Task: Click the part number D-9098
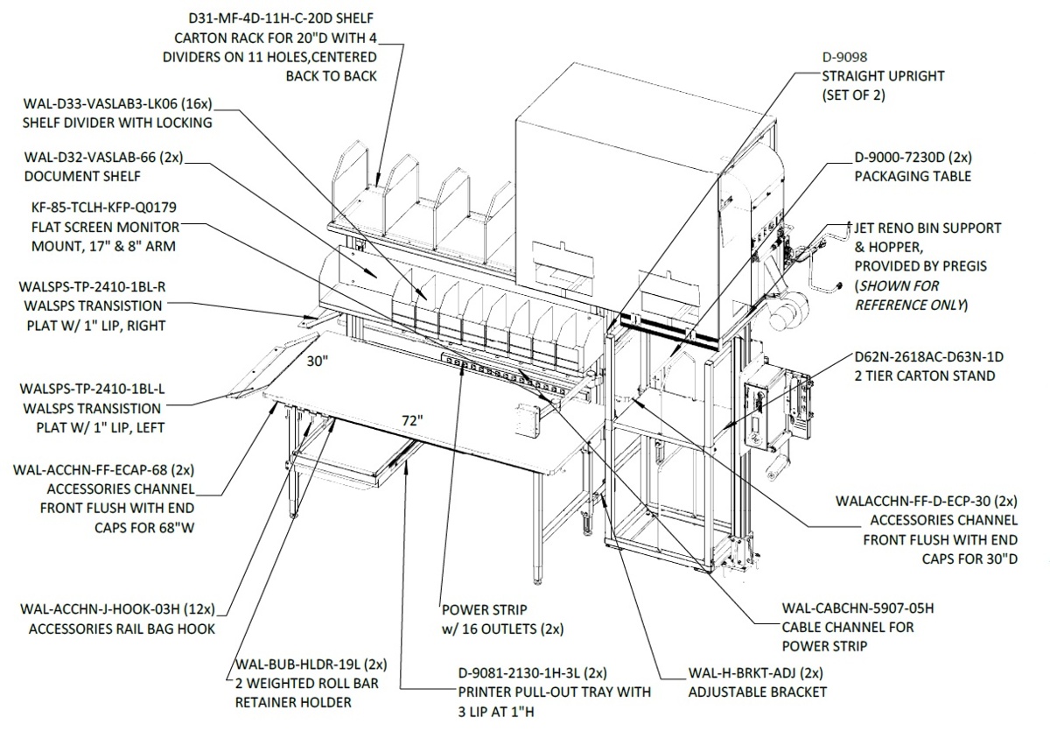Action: coord(844,57)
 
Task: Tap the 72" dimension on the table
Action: coord(412,420)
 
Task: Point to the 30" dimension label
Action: coord(318,361)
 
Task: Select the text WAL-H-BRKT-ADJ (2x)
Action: coord(756,673)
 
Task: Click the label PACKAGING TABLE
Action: coord(913,176)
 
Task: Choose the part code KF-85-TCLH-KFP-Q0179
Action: coord(104,207)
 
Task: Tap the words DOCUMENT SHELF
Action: coord(82,176)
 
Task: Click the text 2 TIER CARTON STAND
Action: coord(925,376)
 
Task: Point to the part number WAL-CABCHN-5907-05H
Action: coord(857,608)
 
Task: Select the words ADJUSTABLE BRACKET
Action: coord(758,692)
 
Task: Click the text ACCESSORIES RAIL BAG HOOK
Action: coord(122,629)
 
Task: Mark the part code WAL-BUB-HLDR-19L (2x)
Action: coord(311,664)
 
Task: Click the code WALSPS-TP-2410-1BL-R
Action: coord(93,286)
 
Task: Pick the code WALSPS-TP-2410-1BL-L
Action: coord(93,389)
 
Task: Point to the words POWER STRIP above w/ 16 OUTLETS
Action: coord(485,609)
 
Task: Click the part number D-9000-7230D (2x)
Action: coord(913,158)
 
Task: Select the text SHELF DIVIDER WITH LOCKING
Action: coord(117,123)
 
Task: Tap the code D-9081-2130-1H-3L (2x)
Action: coord(533,673)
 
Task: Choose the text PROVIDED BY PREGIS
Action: coord(920,266)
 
